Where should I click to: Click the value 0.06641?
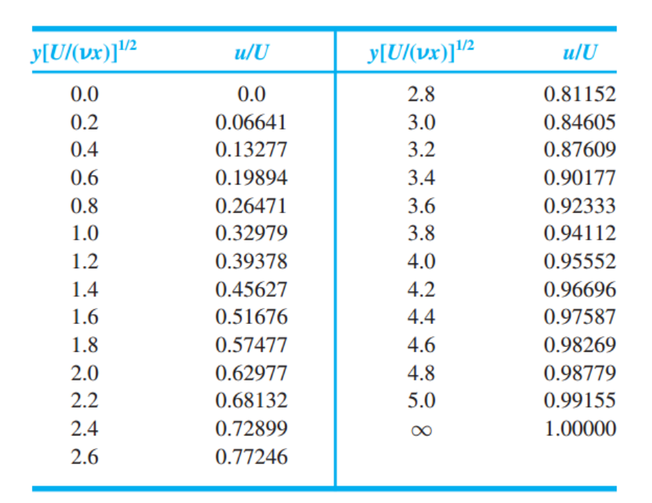point(251,123)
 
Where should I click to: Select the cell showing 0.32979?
point(251,233)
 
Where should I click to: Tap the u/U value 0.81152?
point(580,95)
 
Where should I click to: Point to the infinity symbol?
point(421,430)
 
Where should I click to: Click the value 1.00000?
point(580,428)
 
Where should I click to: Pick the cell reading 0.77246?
point(251,457)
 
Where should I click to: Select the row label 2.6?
point(84,457)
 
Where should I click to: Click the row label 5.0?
point(421,401)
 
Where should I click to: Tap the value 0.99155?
point(580,401)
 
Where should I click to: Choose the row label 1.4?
point(84,289)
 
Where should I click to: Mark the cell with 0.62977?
point(251,373)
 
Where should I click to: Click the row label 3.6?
point(421,206)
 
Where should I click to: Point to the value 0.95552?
point(580,261)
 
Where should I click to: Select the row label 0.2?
point(84,123)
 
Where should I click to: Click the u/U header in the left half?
point(252,53)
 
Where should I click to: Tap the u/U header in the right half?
point(580,53)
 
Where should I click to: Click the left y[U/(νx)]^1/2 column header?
point(84,52)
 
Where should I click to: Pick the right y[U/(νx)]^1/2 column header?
point(421,52)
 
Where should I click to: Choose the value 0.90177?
point(580,178)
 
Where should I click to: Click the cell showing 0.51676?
point(251,317)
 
